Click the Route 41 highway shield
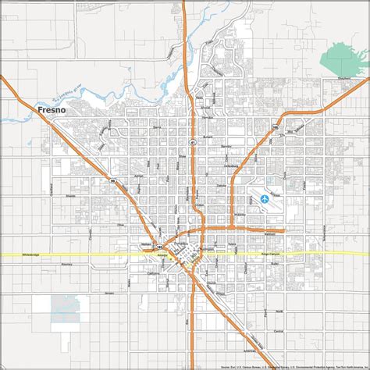tap(190, 142)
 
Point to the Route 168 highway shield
tap(275, 126)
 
